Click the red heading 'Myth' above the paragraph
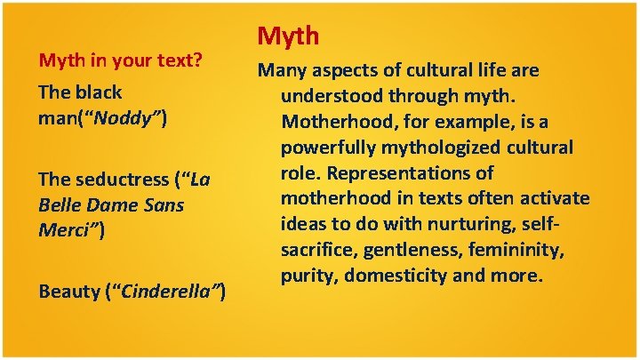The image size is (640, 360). [289, 36]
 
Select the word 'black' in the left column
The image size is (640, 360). [98, 92]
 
